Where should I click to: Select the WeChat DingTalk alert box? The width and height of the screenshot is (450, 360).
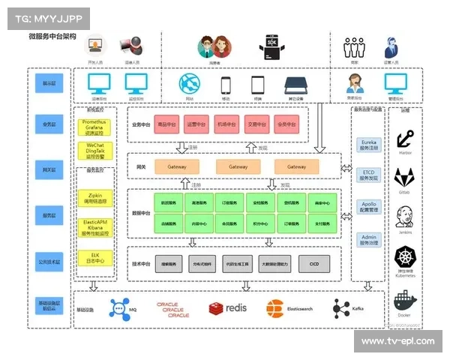click(x=95, y=150)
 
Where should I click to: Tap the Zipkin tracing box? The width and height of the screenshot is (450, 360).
click(x=95, y=198)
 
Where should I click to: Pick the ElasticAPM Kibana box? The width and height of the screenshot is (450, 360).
click(x=95, y=227)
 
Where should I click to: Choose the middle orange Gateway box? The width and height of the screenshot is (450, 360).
click(x=238, y=166)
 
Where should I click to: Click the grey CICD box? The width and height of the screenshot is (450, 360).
click(x=313, y=264)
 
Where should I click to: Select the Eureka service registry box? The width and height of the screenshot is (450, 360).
click(x=369, y=145)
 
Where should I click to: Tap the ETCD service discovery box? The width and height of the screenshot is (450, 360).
click(x=369, y=175)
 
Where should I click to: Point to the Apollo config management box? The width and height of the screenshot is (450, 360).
click(x=369, y=208)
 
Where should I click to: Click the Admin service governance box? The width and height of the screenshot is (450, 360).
click(x=369, y=239)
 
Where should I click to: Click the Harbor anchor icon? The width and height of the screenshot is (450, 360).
click(x=405, y=138)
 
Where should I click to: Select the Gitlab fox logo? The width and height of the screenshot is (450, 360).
click(x=405, y=177)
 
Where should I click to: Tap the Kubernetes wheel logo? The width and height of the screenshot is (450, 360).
click(x=405, y=256)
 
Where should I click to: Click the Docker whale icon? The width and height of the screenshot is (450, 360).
click(x=405, y=301)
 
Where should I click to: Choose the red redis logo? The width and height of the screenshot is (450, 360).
click(x=218, y=308)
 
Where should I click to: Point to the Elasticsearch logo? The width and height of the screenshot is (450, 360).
click(x=275, y=308)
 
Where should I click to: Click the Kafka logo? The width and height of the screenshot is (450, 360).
click(x=342, y=308)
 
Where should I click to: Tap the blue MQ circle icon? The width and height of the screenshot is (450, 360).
click(x=120, y=308)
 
